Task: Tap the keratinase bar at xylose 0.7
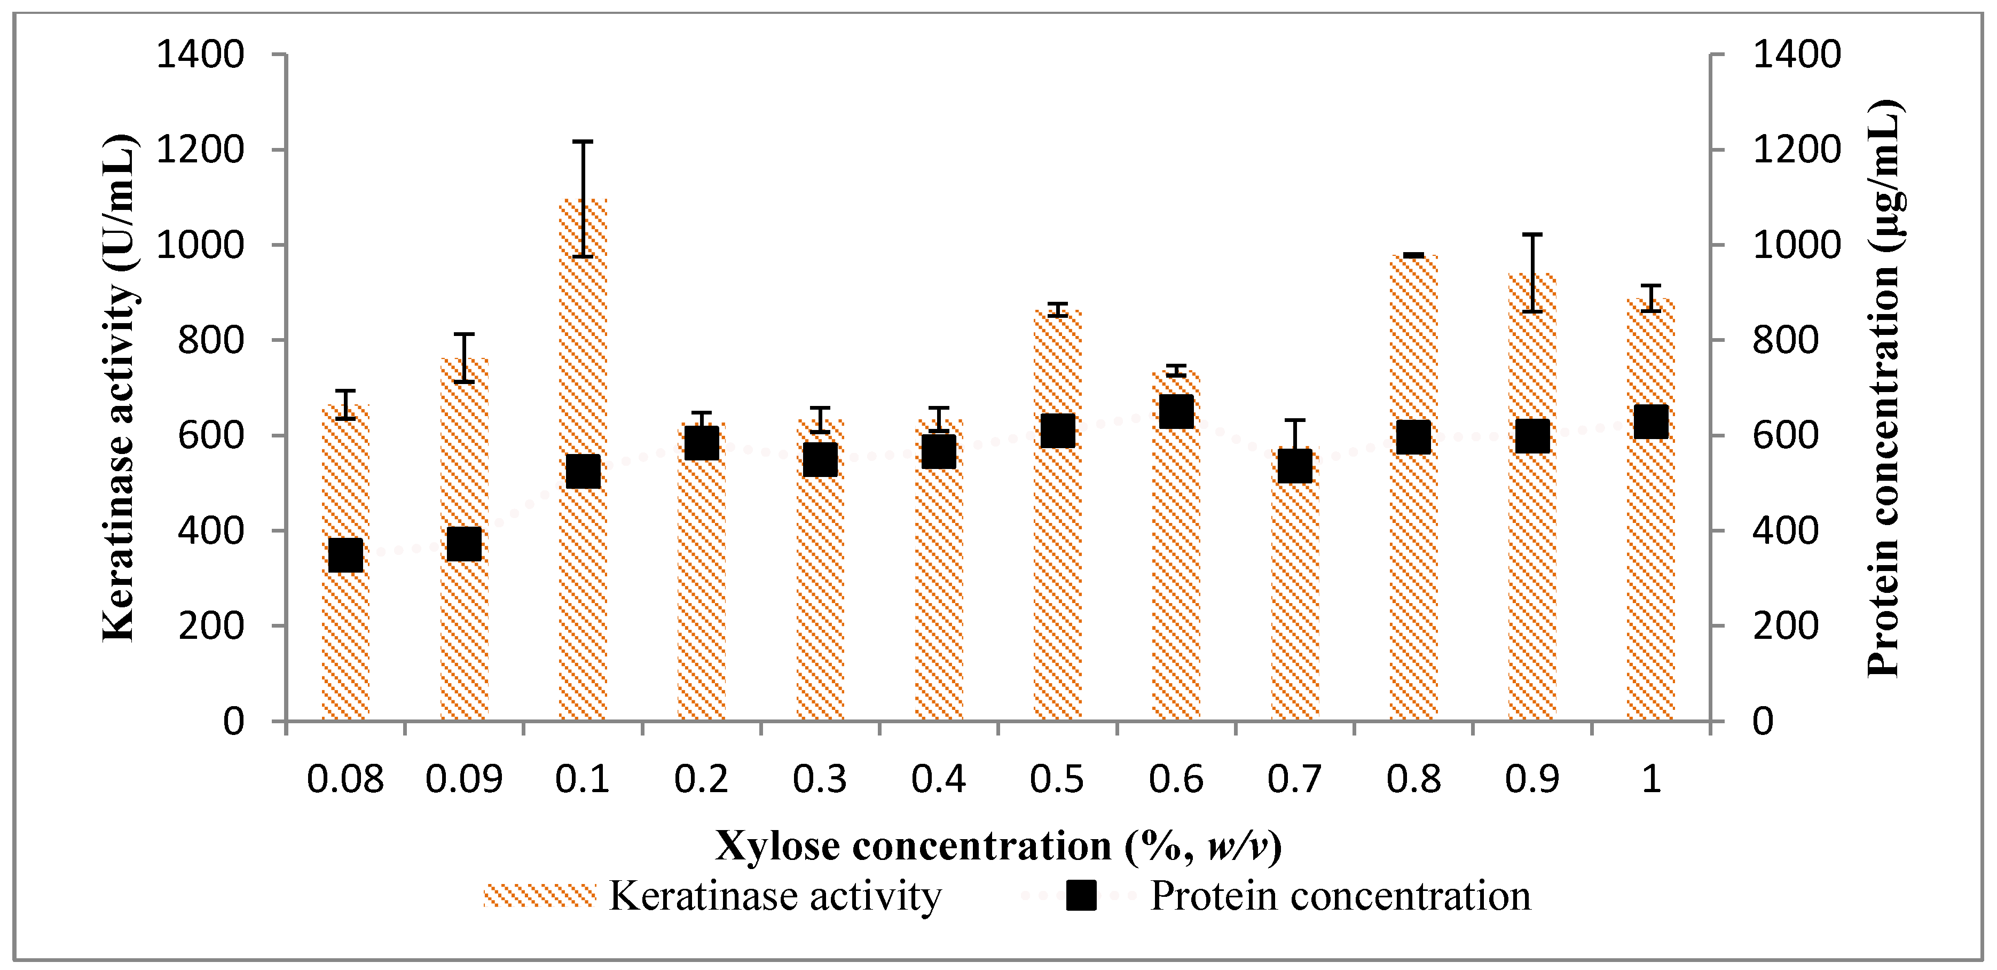pos(1295,605)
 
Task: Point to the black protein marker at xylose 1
pos(1650,422)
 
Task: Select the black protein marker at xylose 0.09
pos(465,544)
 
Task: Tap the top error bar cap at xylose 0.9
pos(1532,234)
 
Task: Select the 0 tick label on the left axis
pos(233,722)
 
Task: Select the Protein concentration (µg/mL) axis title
pos(1884,388)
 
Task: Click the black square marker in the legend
pos(1081,896)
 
